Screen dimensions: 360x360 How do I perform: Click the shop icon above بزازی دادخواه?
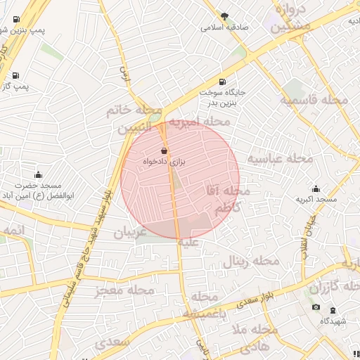point(164,150)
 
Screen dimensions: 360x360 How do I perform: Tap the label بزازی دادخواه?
point(164,162)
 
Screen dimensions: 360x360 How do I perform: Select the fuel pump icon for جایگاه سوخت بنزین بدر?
point(223,82)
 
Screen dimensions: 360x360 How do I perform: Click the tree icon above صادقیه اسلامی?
point(224,16)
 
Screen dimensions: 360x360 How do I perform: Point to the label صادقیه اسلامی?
point(224,27)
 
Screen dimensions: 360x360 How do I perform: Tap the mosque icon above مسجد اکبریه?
point(316,188)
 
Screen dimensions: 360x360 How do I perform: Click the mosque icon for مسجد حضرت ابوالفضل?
point(37,174)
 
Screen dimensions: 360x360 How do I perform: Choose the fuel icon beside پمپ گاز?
point(15,75)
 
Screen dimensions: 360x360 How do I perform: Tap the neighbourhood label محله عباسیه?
point(280,159)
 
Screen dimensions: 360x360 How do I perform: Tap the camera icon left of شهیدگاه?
point(316,307)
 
